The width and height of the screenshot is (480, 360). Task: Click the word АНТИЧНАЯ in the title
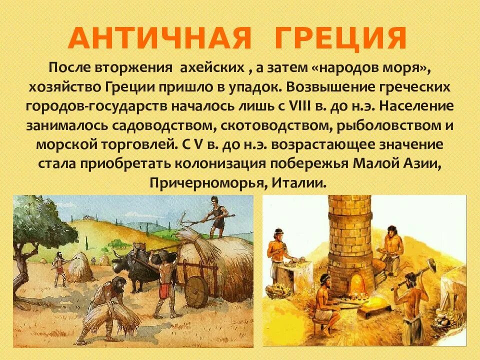pyautogui.click(x=152, y=38)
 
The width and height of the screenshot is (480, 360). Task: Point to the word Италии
pyautogui.click(x=299, y=182)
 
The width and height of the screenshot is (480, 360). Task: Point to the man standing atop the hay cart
pyautogui.click(x=217, y=217)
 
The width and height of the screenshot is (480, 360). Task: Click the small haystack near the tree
pyautogui.click(x=79, y=267)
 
